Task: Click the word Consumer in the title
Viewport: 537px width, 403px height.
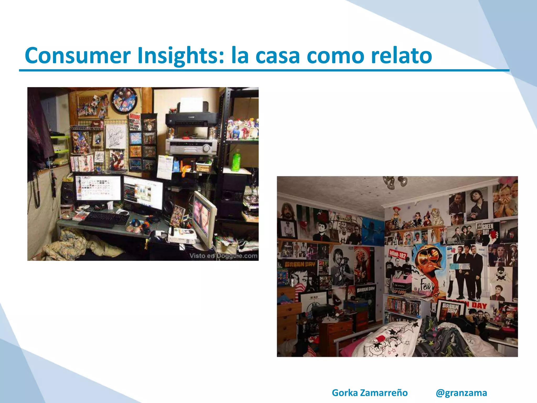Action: tap(78, 56)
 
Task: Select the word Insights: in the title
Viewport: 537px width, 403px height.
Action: tap(181, 56)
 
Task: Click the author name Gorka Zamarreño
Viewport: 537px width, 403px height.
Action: tap(370, 393)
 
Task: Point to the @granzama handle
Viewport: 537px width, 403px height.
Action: tap(461, 393)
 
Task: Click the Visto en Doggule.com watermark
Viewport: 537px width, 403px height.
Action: tap(223, 256)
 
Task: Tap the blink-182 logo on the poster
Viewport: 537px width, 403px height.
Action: tap(398, 254)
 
